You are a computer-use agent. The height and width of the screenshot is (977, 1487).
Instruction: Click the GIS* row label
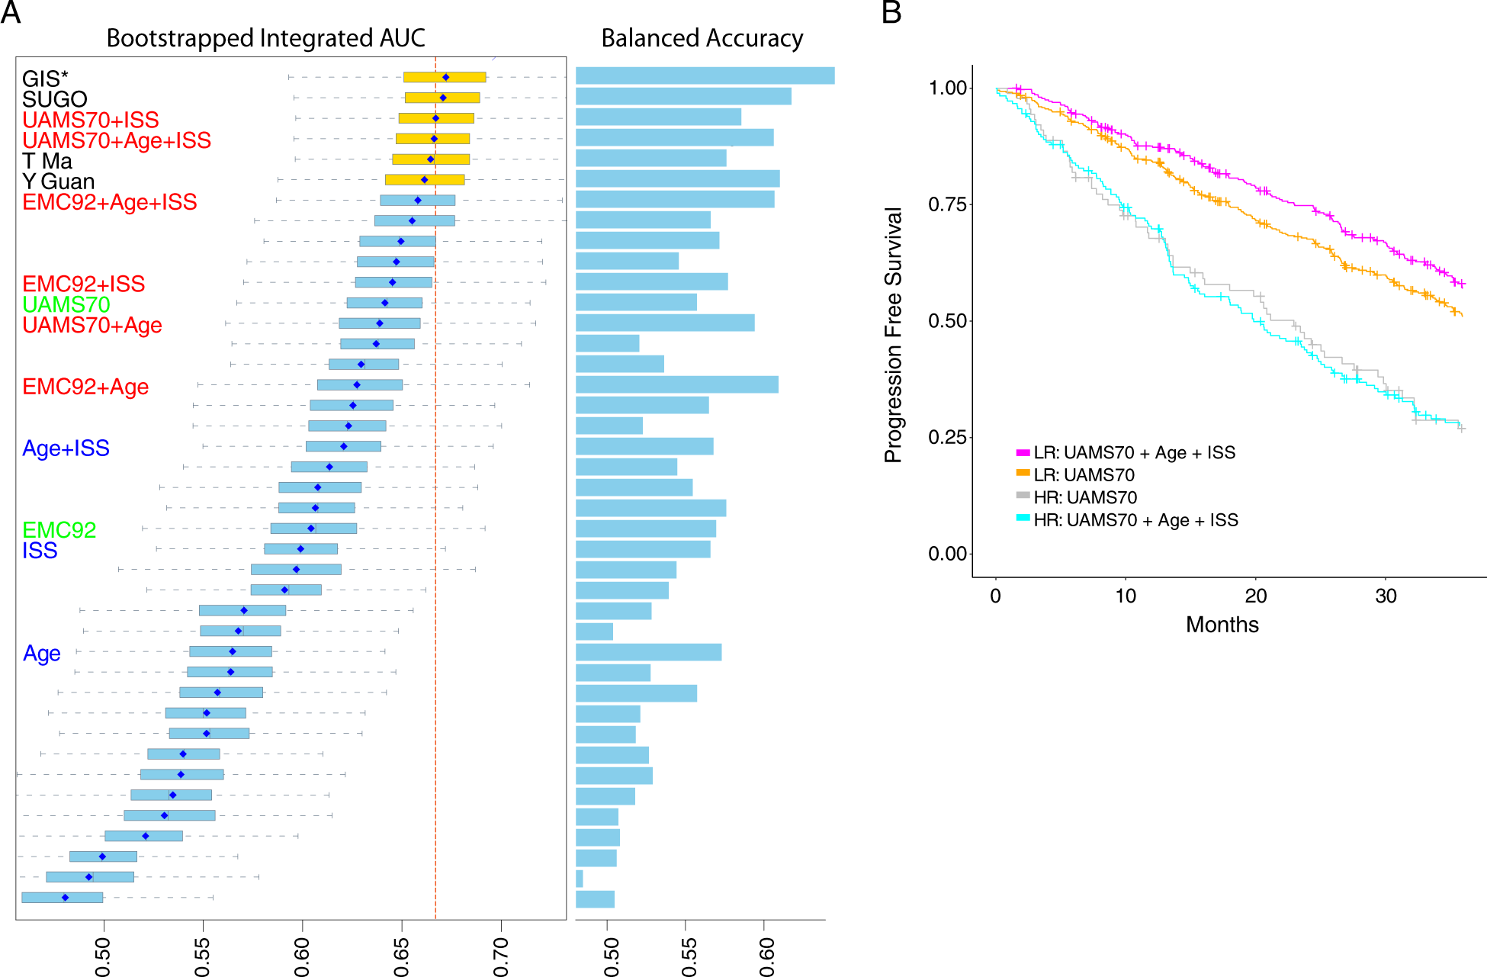45,79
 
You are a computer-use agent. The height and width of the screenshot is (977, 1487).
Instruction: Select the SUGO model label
55,99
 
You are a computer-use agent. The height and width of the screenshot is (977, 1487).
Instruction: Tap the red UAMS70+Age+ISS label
117,140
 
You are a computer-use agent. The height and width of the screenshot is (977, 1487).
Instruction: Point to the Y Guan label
59,182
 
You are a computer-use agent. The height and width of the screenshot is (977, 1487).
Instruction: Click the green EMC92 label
59,530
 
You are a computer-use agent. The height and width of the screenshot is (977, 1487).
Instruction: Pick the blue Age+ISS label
66,448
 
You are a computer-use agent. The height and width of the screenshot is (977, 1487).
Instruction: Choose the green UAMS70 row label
66,304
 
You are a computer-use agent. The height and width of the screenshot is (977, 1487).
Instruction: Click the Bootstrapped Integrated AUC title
265,38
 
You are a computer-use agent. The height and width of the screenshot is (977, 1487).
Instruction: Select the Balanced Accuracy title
702,38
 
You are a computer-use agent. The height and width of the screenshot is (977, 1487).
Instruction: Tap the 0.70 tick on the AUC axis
501,957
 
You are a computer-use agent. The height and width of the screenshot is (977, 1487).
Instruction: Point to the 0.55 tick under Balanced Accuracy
689,957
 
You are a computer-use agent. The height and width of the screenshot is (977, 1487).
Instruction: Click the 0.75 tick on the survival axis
947,204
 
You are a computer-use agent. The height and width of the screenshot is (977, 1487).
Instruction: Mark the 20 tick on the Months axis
1256,596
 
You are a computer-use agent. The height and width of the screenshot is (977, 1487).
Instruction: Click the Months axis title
1222,625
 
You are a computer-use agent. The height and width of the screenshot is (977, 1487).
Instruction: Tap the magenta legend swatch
1023,452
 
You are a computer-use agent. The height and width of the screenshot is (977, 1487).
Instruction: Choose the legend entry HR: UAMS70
1084,497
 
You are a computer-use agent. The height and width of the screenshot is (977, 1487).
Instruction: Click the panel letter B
891,13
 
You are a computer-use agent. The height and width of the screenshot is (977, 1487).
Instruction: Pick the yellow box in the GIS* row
445,77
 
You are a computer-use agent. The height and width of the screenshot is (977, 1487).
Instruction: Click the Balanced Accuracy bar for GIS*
705,76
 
